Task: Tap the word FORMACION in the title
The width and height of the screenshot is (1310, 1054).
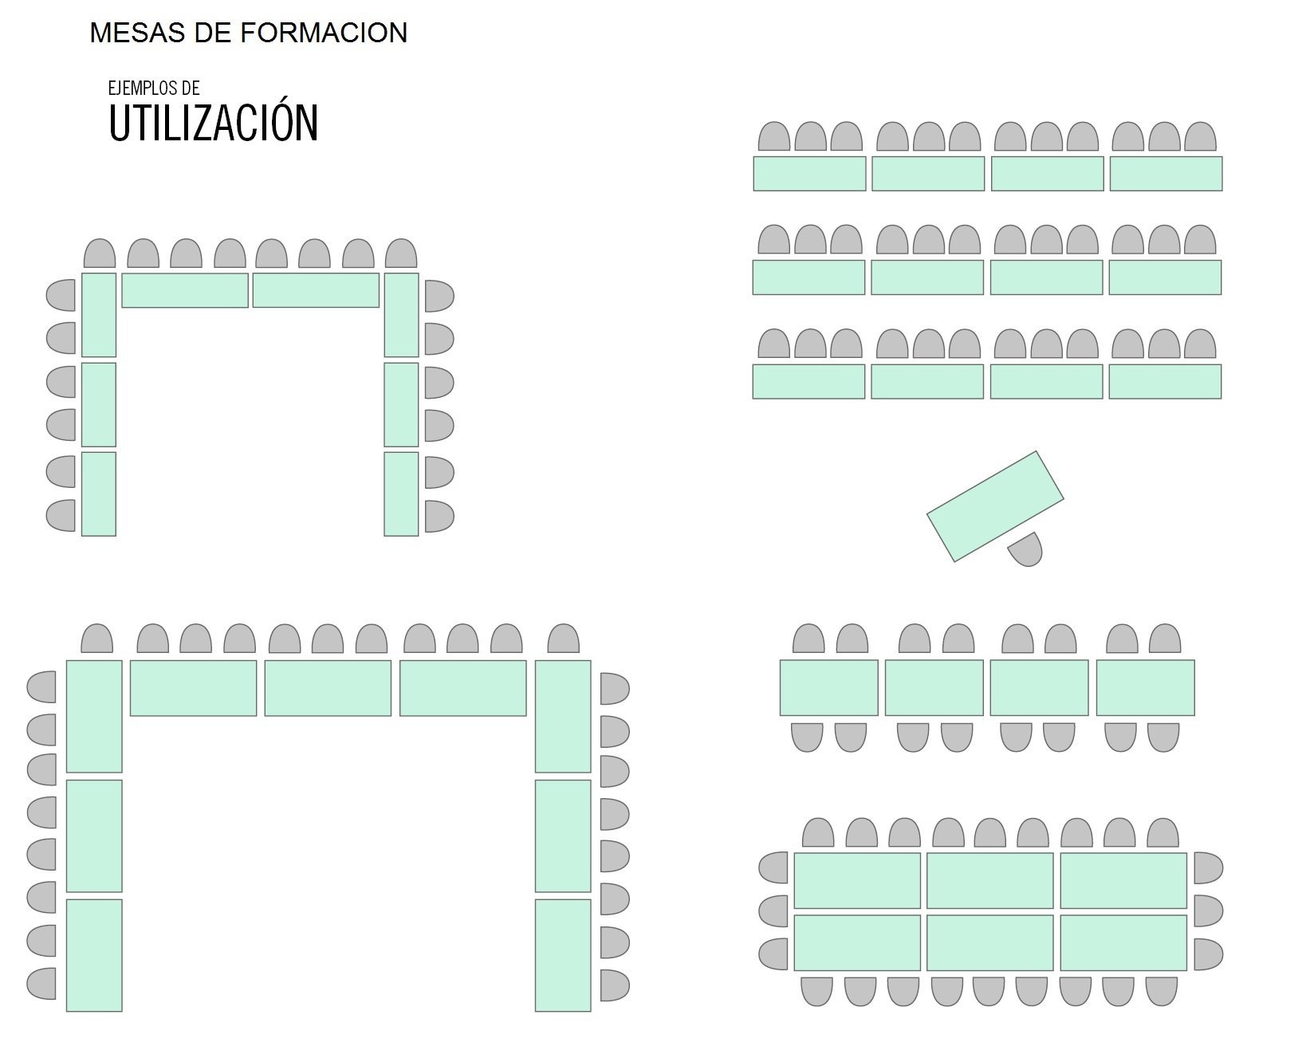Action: (x=324, y=33)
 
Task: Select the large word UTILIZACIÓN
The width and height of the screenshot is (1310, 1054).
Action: (x=213, y=123)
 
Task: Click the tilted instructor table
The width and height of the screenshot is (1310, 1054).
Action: (x=995, y=505)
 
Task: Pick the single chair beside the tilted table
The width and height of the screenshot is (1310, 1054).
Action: (x=1026, y=550)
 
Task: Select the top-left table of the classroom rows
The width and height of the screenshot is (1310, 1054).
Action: (x=809, y=174)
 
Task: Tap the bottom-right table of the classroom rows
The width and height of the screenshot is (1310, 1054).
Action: (x=1165, y=381)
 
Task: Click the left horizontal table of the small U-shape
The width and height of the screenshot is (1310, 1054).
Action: (x=185, y=290)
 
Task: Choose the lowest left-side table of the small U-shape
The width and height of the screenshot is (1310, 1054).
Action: (x=99, y=494)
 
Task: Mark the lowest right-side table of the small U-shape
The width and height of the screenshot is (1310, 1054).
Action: (x=401, y=494)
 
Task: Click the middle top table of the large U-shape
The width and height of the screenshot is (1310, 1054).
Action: (x=328, y=688)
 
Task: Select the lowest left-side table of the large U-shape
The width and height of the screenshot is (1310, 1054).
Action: (x=94, y=955)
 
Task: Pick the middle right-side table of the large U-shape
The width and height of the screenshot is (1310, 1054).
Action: (x=563, y=836)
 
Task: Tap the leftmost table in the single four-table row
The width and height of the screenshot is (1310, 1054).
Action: (x=828, y=687)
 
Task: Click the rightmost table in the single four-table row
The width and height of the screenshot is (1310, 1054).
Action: (x=1145, y=687)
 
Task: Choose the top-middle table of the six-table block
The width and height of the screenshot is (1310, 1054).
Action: (x=989, y=880)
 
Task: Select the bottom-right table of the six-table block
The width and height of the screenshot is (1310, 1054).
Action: (x=1123, y=942)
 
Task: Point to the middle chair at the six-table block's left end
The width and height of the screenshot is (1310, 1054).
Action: (x=773, y=910)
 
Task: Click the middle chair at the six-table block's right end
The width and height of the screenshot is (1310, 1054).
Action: (x=1208, y=910)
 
